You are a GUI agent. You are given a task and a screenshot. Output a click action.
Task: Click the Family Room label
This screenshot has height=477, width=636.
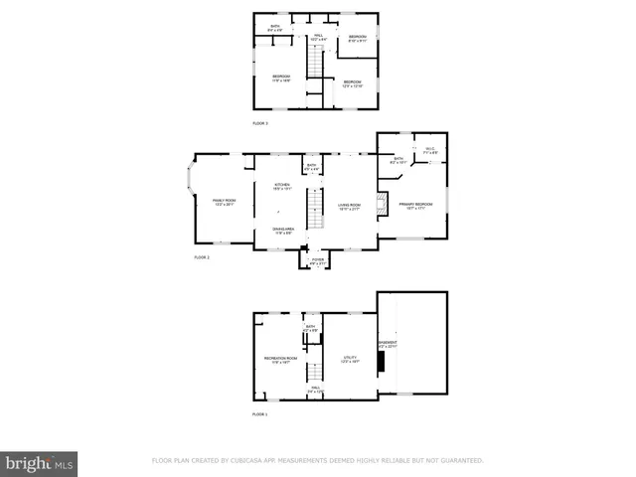[x=224, y=202]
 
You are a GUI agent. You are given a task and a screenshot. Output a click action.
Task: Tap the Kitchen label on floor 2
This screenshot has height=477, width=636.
[x=282, y=186]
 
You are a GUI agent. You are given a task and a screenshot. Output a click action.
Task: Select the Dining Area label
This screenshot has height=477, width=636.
[x=282, y=231]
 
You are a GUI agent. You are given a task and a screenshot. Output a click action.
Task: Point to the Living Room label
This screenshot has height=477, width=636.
[x=349, y=206]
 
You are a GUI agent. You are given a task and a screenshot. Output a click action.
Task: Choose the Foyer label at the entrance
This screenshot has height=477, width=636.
[x=317, y=262]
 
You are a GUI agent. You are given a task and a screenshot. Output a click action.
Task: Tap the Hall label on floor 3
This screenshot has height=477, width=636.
[x=318, y=37]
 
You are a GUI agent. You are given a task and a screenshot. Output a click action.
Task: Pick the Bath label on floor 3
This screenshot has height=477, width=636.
[x=262, y=29]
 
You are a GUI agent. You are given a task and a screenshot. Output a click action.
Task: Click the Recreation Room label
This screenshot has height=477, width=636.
[x=280, y=360]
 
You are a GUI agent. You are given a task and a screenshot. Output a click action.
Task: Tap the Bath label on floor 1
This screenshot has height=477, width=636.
[x=310, y=328]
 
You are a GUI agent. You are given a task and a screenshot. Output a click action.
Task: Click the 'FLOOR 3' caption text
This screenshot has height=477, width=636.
[x=260, y=123]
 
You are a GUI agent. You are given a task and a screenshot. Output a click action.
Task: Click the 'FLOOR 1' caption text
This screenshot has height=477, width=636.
[x=260, y=413]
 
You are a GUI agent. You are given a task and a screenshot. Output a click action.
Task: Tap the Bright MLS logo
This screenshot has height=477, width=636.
[x=40, y=463]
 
